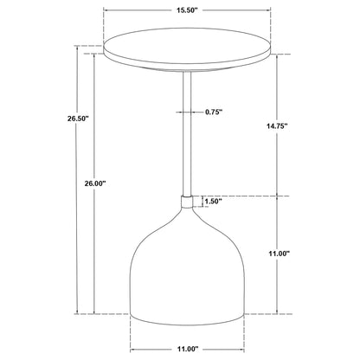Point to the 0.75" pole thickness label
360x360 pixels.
point(220,112)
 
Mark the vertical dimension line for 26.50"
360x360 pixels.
point(76,216)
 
